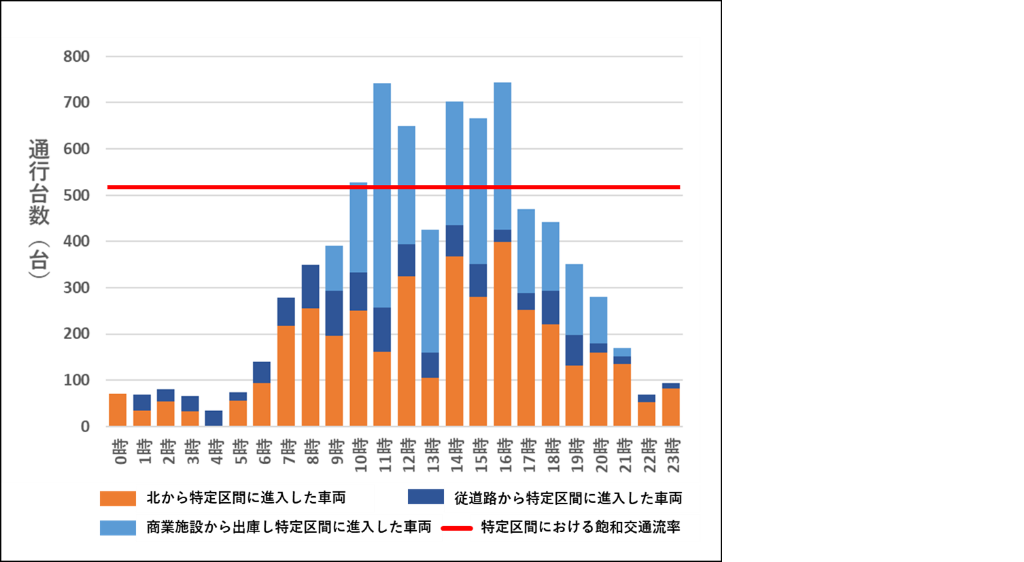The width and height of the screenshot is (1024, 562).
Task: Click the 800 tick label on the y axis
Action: point(76,56)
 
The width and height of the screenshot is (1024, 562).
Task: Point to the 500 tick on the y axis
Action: point(76,195)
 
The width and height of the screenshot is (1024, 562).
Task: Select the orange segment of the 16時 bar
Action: point(502,334)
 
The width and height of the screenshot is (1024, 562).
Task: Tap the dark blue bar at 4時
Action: point(214,418)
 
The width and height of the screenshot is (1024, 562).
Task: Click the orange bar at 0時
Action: point(118,410)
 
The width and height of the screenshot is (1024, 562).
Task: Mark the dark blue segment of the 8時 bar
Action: point(310,286)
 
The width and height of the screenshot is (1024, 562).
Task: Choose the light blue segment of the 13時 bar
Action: point(430,291)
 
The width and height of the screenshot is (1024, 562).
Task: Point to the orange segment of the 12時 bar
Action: point(406,351)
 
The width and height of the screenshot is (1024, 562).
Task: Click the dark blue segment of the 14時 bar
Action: point(454,241)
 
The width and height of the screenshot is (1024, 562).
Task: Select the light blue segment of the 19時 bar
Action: point(575,299)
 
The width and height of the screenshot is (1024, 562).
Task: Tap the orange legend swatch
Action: point(117,498)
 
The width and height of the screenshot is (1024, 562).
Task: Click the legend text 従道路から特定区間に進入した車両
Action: point(568,498)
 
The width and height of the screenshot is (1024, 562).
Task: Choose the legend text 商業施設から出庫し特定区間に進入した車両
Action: point(289,527)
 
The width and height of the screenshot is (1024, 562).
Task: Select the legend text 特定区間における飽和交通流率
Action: point(581,527)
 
